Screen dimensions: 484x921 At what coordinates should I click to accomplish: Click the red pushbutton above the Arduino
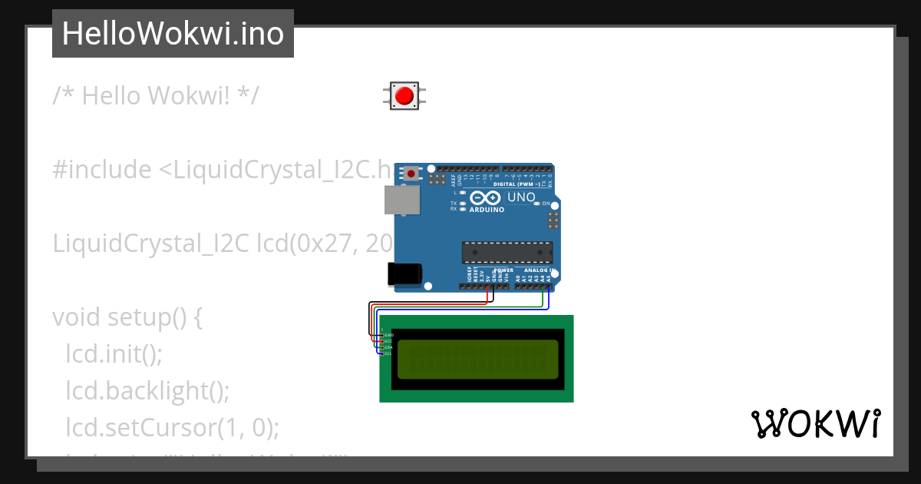[x=404, y=96]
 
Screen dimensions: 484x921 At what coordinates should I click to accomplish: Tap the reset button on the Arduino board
[x=412, y=174]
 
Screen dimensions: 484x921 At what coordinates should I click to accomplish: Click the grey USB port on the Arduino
[x=402, y=201]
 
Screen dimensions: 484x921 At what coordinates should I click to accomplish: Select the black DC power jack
[x=404, y=274]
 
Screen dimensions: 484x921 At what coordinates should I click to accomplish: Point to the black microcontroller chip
[x=507, y=253]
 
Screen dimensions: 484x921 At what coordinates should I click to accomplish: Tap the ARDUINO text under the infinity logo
[x=487, y=210]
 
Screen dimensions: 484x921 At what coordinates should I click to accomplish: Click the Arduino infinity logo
[x=487, y=198]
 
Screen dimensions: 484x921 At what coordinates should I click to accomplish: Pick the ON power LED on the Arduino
[x=538, y=204]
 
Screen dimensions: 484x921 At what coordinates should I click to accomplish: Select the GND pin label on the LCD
[x=388, y=335]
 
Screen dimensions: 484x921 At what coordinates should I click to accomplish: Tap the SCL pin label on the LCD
[x=388, y=353]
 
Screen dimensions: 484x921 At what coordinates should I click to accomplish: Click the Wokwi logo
[x=815, y=424]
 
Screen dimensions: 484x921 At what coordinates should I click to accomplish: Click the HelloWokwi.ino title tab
[x=173, y=34]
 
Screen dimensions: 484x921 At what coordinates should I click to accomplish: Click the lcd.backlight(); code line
[x=148, y=390]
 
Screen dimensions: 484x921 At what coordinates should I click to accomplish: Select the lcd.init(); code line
[x=114, y=354]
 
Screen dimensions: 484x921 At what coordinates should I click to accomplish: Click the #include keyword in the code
[x=102, y=170]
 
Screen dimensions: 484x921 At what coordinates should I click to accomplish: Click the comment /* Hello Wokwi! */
[x=156, y=96]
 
